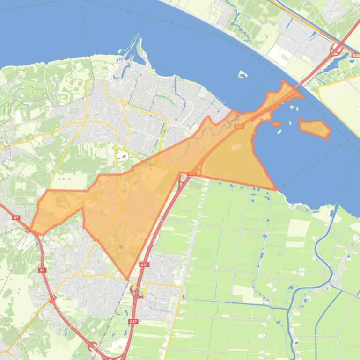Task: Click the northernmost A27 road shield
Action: (x=239, y=127)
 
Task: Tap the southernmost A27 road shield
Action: (x=133, y=322)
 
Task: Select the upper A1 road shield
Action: (x=16, y=218)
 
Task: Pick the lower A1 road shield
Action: (x=43, y=270)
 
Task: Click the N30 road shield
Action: (x=355, y=55)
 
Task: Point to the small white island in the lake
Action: (x=242, y=74)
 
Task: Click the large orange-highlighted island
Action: (x=314, y=127)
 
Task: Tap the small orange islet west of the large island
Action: (x=276, y=125)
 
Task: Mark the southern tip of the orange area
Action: (x=127, y=279)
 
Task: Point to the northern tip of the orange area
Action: (x=283, y=81)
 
